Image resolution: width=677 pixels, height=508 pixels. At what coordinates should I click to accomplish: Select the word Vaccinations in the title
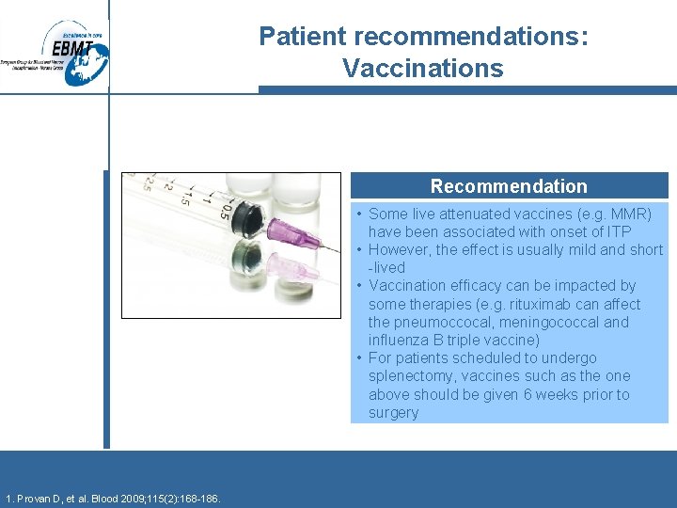[x=422, y=69]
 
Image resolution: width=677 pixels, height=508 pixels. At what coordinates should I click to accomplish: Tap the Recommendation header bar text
[x=509, y=186]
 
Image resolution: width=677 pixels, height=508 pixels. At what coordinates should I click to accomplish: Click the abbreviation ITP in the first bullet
[x=619, y=231]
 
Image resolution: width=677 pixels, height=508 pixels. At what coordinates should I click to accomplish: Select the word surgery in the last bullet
[x=393, y=412]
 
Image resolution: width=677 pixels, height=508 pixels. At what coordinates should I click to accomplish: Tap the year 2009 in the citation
[x=138, y=498]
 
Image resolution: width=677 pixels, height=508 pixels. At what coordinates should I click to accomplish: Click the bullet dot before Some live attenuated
[x=359, y=214]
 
